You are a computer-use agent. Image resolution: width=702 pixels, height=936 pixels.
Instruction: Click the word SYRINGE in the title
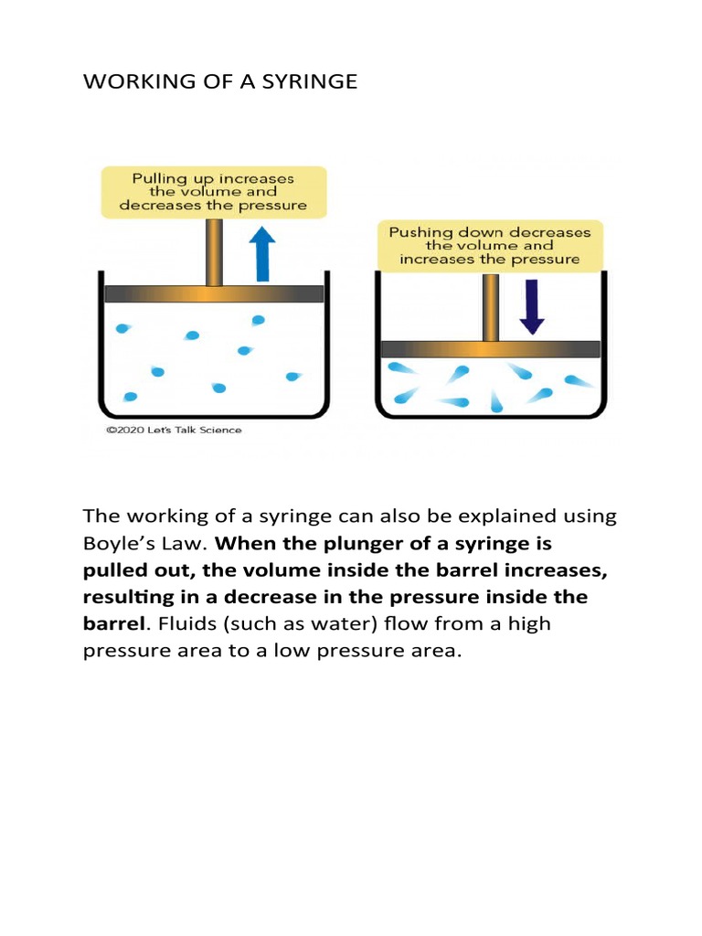(x=310, y=82)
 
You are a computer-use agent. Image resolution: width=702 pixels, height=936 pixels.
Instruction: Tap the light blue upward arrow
(x=263, y=253)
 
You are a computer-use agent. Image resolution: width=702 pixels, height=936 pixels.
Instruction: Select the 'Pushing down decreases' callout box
(x=490, y=245)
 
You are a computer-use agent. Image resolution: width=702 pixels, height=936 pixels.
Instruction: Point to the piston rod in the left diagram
(x=214, y=252)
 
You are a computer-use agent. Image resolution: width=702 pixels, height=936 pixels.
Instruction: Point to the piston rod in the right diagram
(x=491, y=307)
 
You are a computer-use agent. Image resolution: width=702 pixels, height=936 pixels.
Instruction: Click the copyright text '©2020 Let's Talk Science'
(x=174, y=430)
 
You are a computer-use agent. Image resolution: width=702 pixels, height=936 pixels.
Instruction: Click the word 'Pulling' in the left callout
(x=160, y=178)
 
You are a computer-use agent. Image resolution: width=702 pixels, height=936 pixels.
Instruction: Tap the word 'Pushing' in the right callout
(x=422, y=232)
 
